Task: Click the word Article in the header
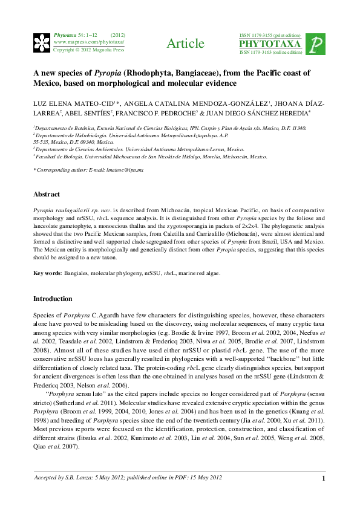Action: (x=185, y=44)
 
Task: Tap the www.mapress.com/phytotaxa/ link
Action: (x=89, y=42)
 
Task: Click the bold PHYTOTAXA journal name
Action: (x=270, y=44)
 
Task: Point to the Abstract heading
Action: (x=47, y=194)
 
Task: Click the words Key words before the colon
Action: (x=47, y=273)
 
